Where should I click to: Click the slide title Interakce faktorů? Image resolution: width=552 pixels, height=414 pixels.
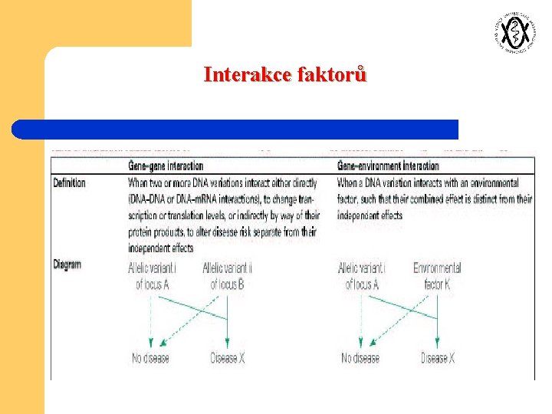(x=285, y=74)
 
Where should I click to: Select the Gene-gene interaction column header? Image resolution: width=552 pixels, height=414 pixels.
(x=166, y=166)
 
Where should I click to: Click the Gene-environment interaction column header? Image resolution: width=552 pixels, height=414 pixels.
(x=389, y=166)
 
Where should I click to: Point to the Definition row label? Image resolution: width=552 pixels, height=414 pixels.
(x=70, y=183)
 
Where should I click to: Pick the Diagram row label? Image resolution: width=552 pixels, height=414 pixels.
(x=67, y=264)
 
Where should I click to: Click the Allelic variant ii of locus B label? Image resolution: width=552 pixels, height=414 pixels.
(x=228, y=276)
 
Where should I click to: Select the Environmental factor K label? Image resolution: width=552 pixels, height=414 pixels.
(x=437, y=276)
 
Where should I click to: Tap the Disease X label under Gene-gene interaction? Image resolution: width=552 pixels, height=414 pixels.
(x=228, y=358)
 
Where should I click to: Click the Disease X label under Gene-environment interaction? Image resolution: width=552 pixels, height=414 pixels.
(x=438, y=358)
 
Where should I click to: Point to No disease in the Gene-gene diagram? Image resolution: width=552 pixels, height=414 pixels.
(x=150, y=358)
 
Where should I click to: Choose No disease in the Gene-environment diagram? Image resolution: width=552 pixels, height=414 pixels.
(x=360, y=358)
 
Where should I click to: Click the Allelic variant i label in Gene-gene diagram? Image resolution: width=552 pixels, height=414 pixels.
(x=152, y=276)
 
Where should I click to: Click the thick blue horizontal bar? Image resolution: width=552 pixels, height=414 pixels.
(x=235, y=129)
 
